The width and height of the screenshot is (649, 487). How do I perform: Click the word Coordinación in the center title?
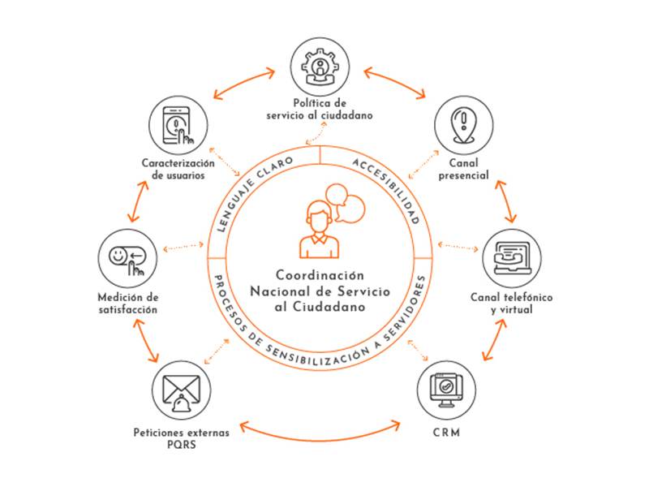pyautogui.click(x=320, y=275)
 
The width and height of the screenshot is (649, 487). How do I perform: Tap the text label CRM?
pyautogui.click(x=446, y=433)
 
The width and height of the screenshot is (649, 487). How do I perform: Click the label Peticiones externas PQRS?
pyautogui.click(x=182, y=438)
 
